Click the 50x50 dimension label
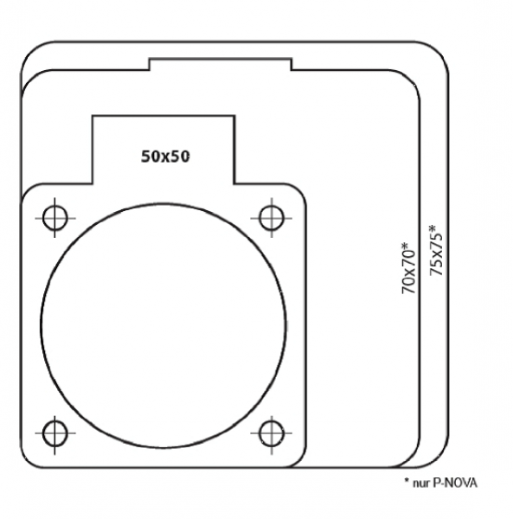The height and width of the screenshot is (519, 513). tap(165, 157)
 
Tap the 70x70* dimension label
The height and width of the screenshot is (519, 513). tap(408, 268)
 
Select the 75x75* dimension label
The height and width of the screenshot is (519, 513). tap(436, 250)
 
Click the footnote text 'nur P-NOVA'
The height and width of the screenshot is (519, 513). tap(445, 483)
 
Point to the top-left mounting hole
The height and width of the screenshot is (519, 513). tap(55, 218)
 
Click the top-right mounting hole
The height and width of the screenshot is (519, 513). tap(272, 218)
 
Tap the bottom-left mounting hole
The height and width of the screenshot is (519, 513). tap(55, 433)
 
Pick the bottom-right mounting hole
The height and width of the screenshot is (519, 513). tap(272, 433)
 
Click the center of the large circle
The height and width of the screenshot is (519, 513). tap(163, 326)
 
